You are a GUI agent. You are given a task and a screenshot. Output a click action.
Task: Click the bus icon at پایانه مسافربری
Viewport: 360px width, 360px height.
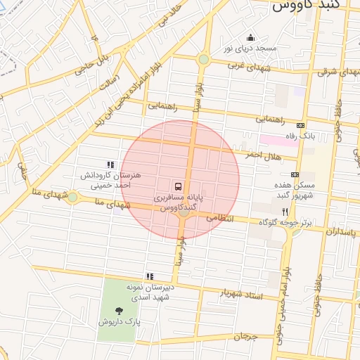[179, 187]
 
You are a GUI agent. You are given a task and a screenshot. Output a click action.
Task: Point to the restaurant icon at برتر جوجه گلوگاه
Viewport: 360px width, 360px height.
[285, 211]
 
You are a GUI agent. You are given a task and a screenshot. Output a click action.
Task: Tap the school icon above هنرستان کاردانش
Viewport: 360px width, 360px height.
[110, 164]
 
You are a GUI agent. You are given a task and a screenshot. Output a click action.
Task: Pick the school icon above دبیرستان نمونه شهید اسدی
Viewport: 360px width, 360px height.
[149, 276]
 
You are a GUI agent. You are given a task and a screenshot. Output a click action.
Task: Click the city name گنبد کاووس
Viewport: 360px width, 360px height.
[304, 6]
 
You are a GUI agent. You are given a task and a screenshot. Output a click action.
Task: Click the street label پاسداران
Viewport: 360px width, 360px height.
[342, 231]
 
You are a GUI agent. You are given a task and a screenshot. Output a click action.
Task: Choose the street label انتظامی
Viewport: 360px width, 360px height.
[219, 219]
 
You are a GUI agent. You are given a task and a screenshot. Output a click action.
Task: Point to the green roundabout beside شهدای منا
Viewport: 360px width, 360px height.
[72, 198]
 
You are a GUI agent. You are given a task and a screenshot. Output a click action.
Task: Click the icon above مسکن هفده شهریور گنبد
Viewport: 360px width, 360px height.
[294, 174]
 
